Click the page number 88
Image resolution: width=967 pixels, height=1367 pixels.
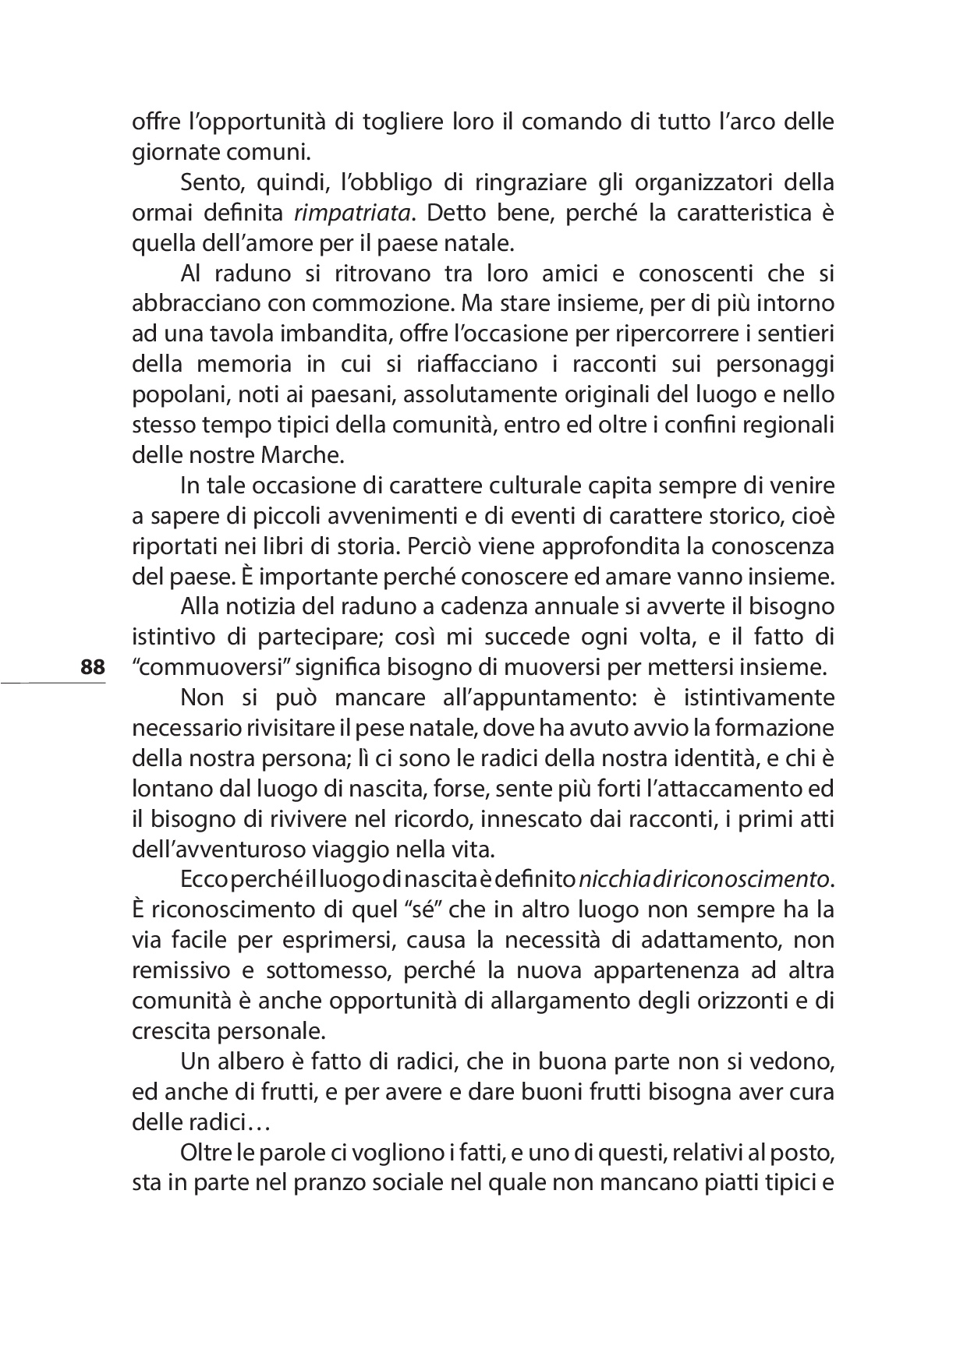92,668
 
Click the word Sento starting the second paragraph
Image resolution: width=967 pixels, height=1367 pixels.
207,182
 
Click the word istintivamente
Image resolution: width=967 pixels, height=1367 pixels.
763,697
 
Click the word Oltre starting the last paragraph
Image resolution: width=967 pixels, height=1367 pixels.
204,1153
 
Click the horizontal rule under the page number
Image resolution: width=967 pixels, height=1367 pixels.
53,683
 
